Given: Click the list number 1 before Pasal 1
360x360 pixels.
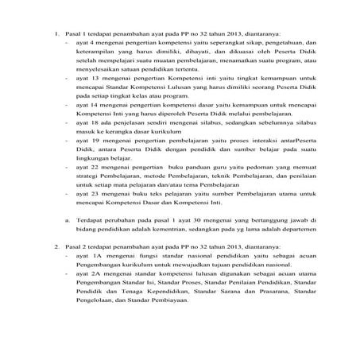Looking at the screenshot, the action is [x=45, y=34].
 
